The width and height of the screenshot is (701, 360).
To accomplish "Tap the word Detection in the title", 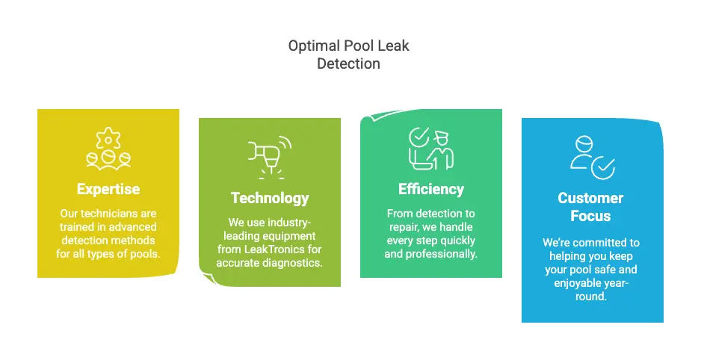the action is tap(348, 63).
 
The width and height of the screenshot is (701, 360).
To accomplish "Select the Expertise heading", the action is tap(108, 189).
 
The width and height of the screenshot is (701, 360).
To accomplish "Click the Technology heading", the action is tap(270, 198).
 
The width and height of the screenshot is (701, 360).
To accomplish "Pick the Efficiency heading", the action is tap(431, 189).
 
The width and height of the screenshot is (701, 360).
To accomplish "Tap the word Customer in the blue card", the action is tap(590, 198).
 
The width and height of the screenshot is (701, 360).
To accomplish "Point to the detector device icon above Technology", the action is tap(269, 155).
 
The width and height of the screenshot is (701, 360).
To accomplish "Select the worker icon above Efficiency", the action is tap(430, 148).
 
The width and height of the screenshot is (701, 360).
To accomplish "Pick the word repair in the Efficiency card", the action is tap(403, 227).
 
